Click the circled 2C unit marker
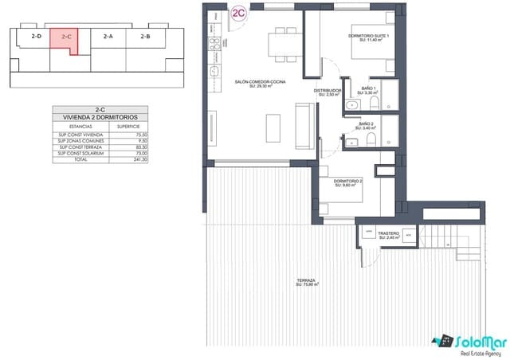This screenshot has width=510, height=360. tap(237, 13)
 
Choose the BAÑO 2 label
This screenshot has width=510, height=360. tap(367, 126)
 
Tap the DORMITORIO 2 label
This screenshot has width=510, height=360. tap(349, 182)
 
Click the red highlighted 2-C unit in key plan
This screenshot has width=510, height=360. tap(67, 40)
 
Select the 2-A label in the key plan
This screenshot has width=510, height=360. tap(108, 36)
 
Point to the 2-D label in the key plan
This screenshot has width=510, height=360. tap(36, 36)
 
